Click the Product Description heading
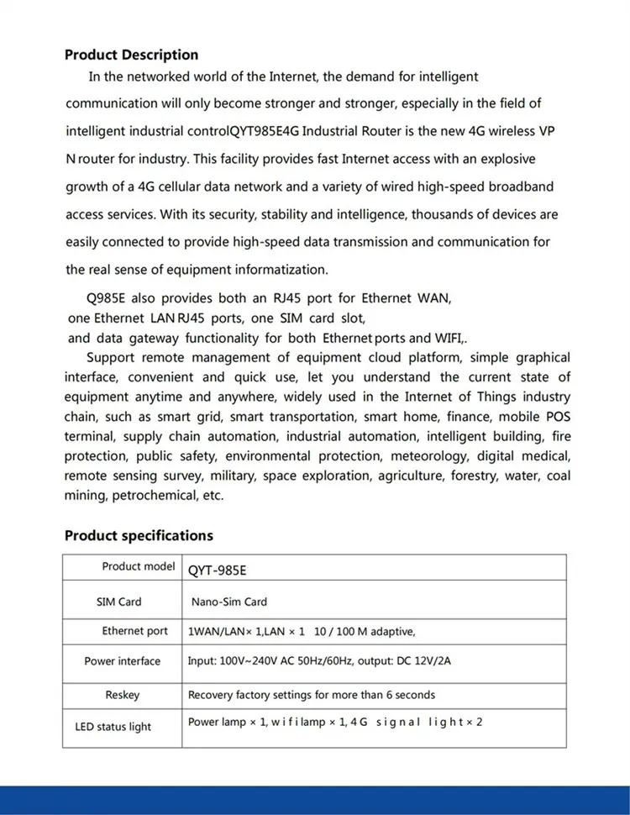coord(132,55)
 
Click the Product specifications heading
coord(139,535)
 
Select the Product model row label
coord(139,566)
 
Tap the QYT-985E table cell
coord(217,570)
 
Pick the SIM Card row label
coord(119,602)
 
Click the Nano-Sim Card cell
coord(229,602)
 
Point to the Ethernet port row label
coord(135,631)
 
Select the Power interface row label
coord(122,661)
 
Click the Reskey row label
coord(123,695)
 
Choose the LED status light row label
coord(113,727)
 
